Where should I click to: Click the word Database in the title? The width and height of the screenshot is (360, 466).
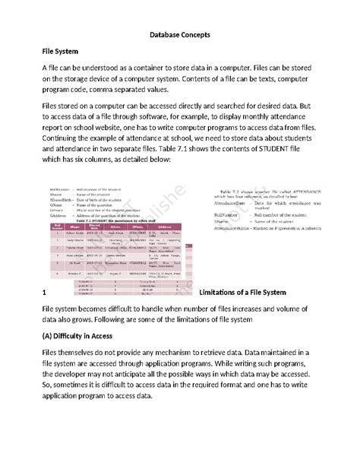[x=164, y=35]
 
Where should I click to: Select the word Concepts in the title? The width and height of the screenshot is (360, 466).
[x=201, y=35]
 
